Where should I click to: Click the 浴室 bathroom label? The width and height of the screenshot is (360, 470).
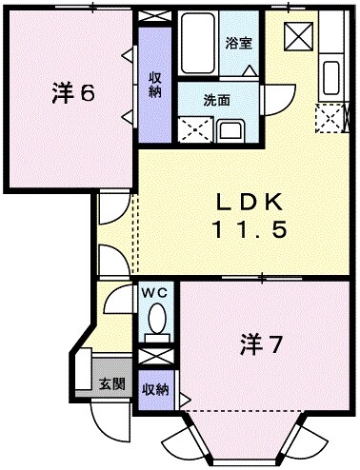coord(238,43)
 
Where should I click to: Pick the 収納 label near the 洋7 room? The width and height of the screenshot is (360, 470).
coord(155,389)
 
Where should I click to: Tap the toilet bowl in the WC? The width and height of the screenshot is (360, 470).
coord(157,319)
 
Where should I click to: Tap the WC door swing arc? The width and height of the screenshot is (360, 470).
coord(119,302)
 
